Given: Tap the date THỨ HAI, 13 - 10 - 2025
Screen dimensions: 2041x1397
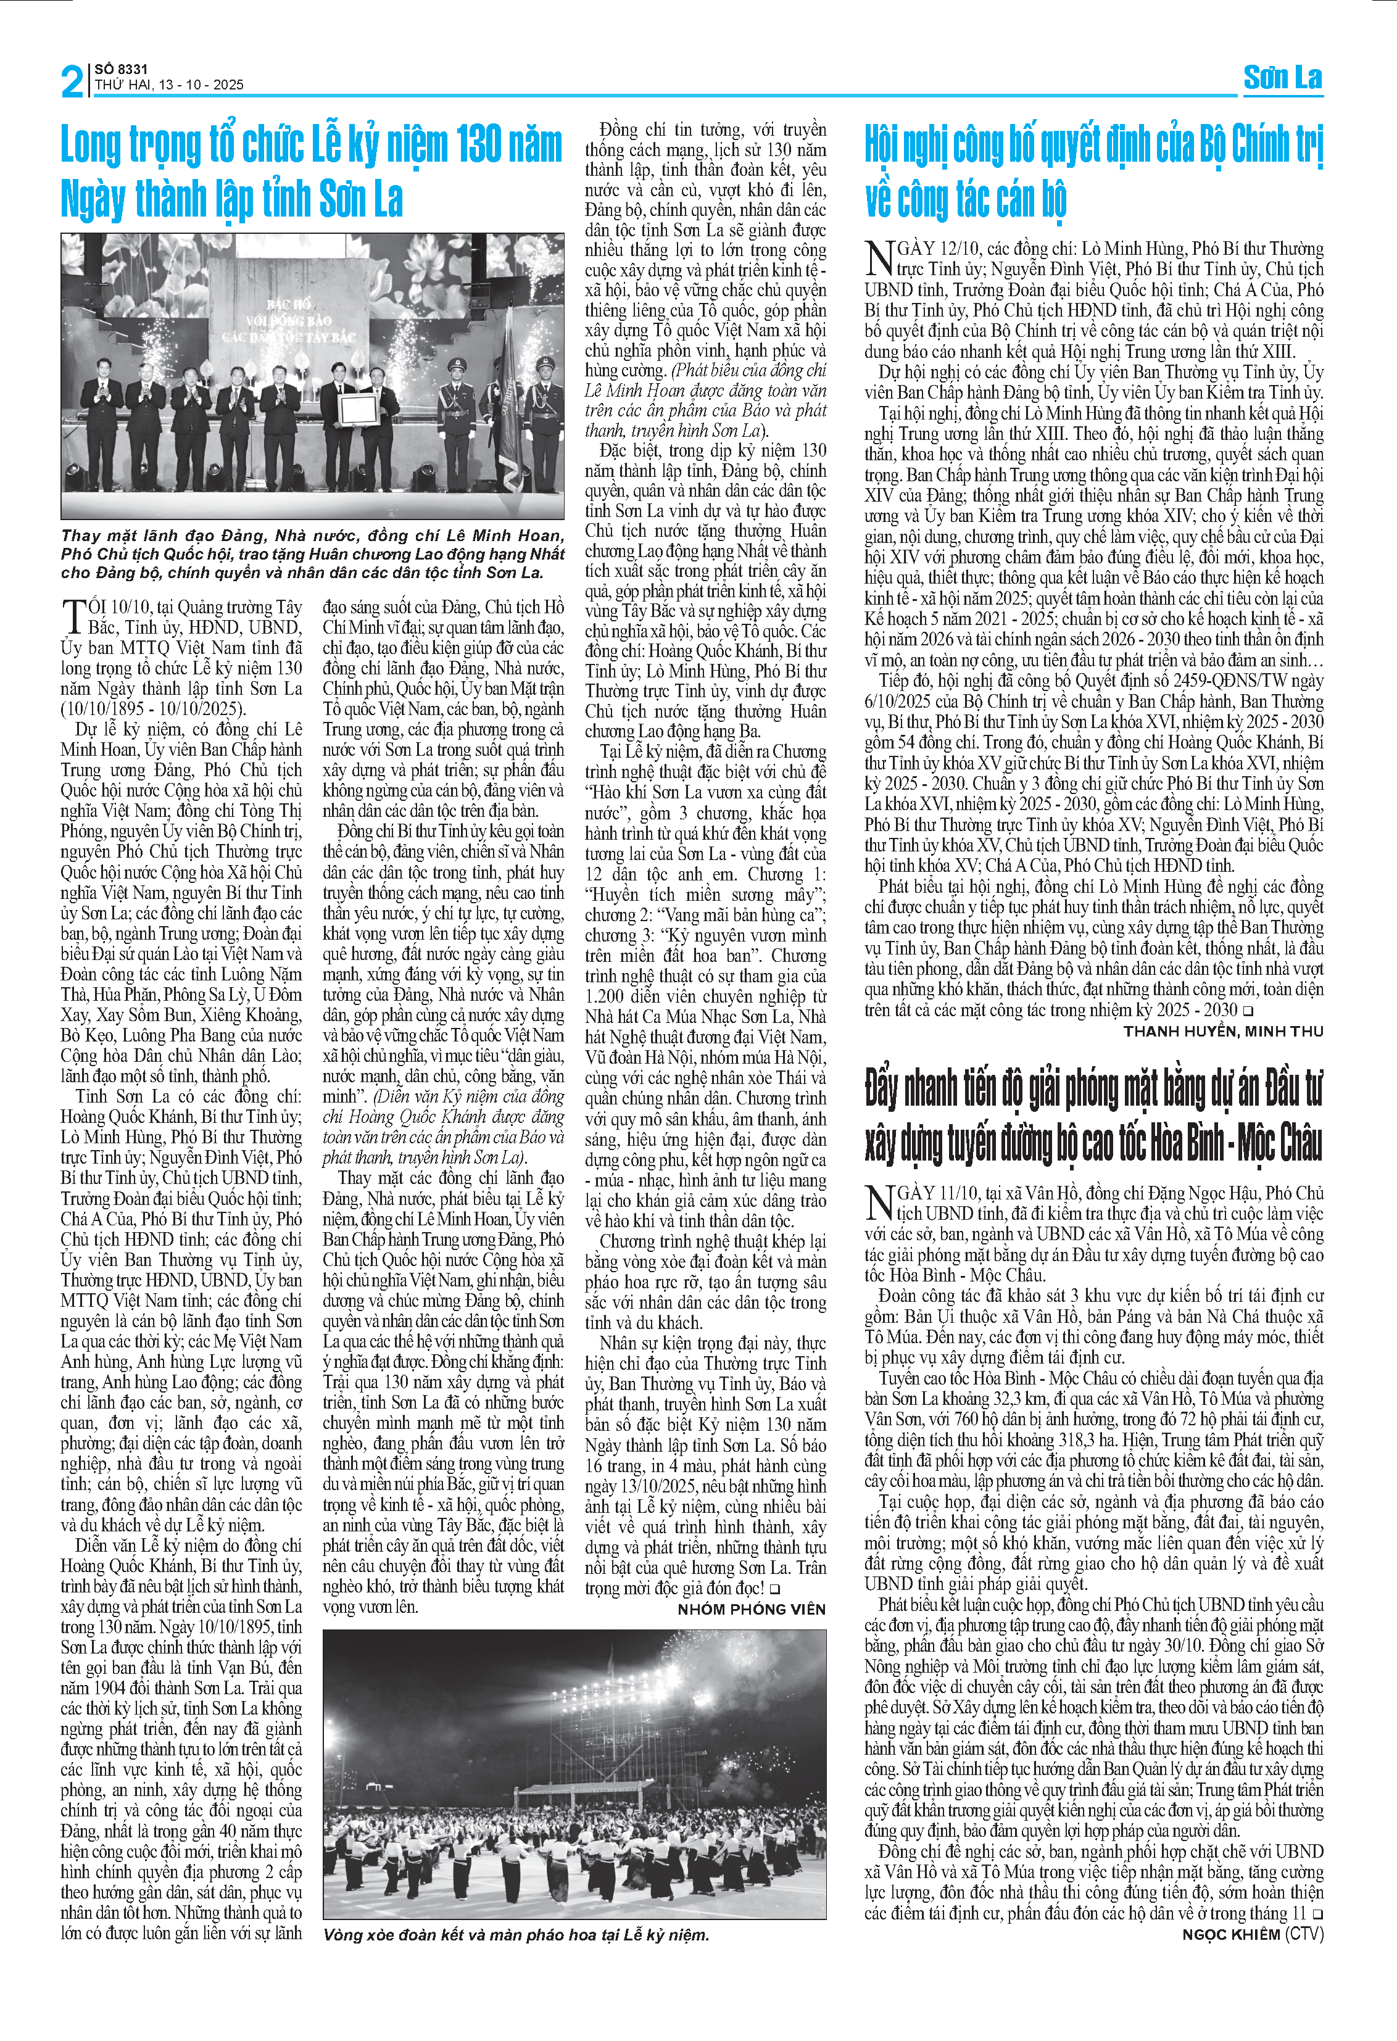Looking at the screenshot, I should [168, 85].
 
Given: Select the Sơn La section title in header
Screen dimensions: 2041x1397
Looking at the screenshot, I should [1282, 78].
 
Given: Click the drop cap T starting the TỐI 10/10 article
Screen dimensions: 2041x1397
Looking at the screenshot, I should [73, 616].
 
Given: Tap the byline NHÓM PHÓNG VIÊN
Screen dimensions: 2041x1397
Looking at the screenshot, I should [751, 1609].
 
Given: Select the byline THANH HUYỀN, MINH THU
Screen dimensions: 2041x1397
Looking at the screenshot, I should [1222, 1031].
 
